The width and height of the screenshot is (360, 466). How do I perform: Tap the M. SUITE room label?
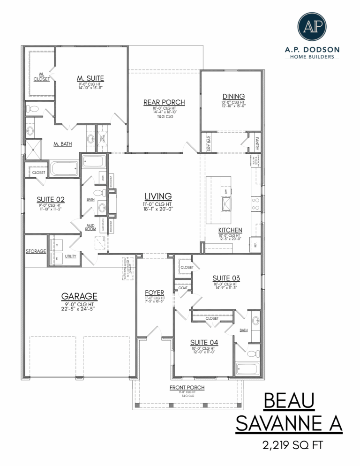pyautogui.click(x=90, y=78)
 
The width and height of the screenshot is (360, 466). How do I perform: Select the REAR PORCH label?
pyautogui.click(x=164, y=102)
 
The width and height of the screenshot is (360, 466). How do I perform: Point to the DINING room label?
pyautogui.click(x=233, y=97)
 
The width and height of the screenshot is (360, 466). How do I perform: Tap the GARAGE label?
pyautogui.click(x=79, y=296)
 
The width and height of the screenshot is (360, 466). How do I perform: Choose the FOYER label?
pyautogui.click(x=154, y=293)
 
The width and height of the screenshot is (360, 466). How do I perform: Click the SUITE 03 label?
pyautogui.click(x=227, y=278)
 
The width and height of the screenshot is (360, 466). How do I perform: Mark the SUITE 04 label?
pyautogui.click(x=203, y=343)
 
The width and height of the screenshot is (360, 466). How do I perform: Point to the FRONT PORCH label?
pyautogui.click(x=187, y=387)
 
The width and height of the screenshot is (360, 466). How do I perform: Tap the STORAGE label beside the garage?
pyautogui.click(x=36, y=251)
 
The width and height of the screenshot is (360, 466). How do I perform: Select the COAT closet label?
pyautogui.click(x=183, y=288)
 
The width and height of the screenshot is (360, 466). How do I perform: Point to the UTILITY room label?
pyautogui.click(x=71, y=256)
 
